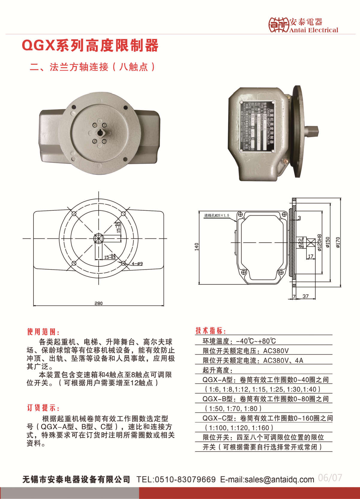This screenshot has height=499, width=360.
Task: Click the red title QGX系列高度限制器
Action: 90,45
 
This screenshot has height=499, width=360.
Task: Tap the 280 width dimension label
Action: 98,303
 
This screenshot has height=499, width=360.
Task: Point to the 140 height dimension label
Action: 196,247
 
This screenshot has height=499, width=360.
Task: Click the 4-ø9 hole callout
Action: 137,264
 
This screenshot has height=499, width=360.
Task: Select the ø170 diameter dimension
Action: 338,242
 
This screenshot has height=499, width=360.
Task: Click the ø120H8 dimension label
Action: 319,242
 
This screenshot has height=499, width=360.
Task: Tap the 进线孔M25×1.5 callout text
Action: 216,215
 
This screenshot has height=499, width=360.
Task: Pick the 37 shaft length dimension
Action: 305,296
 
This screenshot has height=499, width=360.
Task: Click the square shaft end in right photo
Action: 313,131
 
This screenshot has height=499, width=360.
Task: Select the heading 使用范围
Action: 43,331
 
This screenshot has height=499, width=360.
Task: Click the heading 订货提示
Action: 43,408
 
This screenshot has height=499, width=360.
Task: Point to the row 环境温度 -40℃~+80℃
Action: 239,341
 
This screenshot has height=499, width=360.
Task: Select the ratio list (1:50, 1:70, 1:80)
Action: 233,408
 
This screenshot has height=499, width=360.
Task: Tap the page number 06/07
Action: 330,477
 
